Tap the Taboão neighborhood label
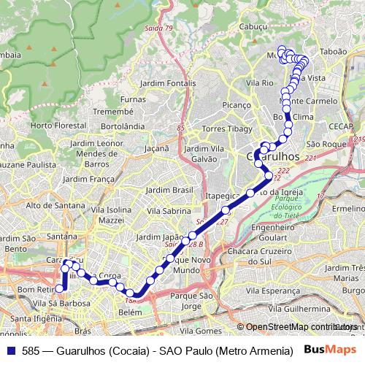tap(333, 53)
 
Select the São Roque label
tap(326, 145)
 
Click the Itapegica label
tap(222, 196)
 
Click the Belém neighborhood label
tap(130, 312)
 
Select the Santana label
tap(62, 236)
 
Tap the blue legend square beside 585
tap(9, 350)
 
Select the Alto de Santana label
tap(55, 205)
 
